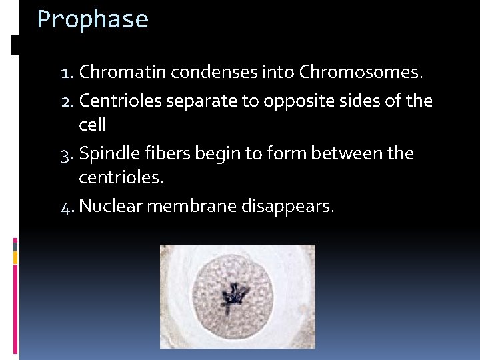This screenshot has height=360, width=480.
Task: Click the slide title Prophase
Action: pos(93,20)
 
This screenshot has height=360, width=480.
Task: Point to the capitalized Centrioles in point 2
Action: pos(121,101)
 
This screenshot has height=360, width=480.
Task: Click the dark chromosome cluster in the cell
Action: pos(233,297)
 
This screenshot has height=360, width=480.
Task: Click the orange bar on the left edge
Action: pos(15,256)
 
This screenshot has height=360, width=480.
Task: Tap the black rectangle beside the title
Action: pos(15,45)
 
